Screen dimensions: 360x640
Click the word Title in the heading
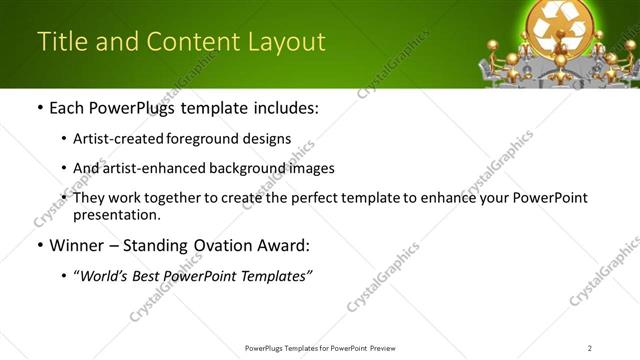click(60, 42)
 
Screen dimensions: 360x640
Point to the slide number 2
click(590, 348)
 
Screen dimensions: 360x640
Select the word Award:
click(285, 245)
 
